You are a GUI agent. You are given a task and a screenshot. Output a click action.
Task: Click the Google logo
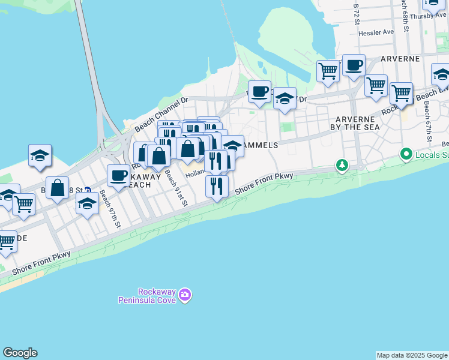20,353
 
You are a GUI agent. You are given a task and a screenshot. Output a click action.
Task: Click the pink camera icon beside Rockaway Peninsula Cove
185,295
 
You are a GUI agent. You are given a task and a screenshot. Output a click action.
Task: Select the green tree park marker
342,164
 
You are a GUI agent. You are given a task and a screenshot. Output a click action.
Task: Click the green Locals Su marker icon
407,155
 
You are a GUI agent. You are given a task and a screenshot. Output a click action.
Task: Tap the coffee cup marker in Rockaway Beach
118,176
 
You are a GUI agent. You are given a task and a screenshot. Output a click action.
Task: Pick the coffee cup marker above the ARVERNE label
354,65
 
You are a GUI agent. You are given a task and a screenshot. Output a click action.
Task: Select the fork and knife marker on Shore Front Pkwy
217,186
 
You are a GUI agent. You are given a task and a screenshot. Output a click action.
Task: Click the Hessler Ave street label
376,32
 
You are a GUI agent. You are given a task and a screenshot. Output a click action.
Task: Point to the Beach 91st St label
177,188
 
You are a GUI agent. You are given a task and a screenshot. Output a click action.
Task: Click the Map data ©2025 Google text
411,355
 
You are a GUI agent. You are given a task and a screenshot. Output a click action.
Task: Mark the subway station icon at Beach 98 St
88,190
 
